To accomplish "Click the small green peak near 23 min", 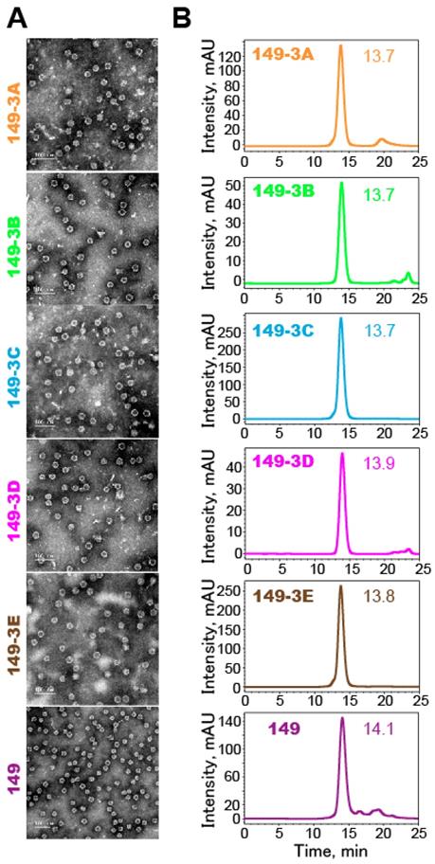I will [408, 274].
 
